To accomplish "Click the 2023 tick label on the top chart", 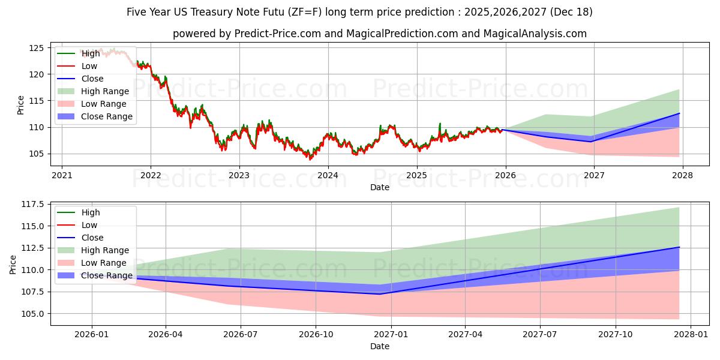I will point(239,176).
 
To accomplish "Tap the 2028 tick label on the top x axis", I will point(682,176).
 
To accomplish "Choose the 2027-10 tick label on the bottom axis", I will point(616,335).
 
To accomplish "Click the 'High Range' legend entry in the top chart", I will point(104,91).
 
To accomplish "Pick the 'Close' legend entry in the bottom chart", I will point(92,238).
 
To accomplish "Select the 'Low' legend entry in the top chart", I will point(89,66).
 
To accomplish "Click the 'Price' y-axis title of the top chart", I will point(20,105).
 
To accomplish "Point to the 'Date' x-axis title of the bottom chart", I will point(379,346).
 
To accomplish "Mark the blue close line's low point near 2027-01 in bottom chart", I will point(379,294).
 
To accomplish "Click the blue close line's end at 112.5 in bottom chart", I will point(679,247).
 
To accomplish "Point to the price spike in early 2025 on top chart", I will point(440,124).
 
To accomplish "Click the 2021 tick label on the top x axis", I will point(62,176).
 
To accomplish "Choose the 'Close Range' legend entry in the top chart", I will point(106,116).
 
